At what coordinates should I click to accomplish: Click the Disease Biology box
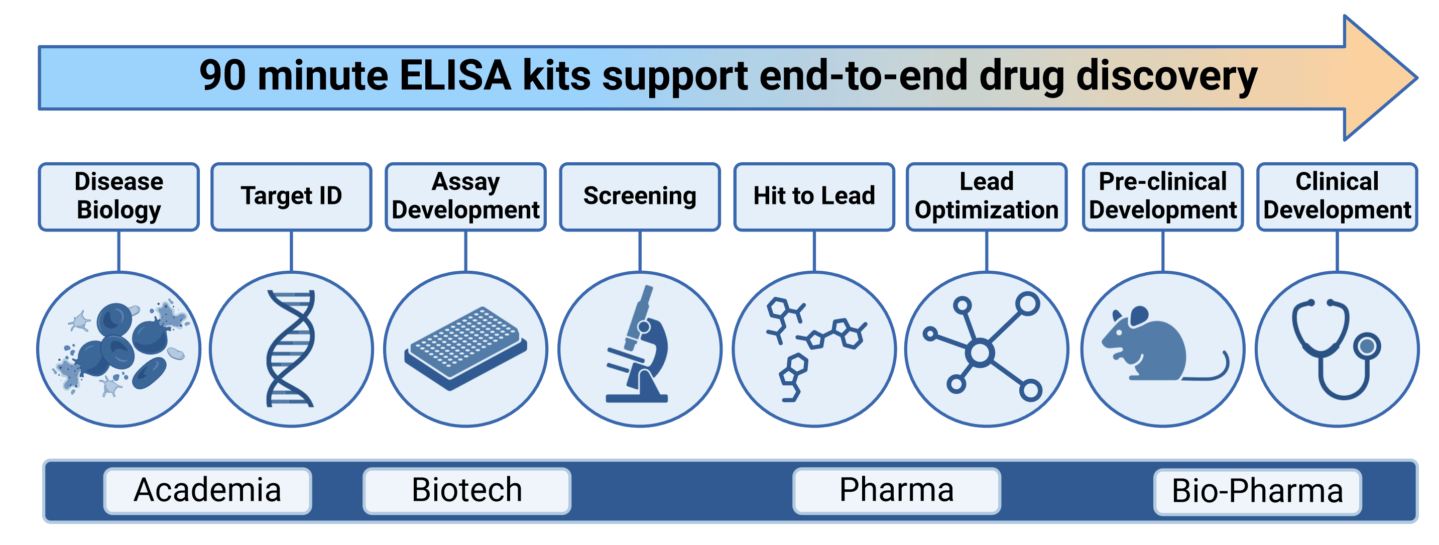point(118,196)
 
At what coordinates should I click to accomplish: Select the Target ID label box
point(291,196)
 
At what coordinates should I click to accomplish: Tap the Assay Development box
point(465,196)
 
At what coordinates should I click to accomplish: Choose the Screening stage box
point(640,196)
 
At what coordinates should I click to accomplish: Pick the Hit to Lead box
point(814,196)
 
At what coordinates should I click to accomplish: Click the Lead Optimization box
point(987,196)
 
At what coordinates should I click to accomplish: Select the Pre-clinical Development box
point(1162,196)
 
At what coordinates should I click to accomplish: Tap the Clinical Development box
point(1337,196)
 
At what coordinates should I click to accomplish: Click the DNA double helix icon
point(291,348)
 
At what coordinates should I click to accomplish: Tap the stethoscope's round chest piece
point(1367,347)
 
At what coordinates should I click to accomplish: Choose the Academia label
point(207,491)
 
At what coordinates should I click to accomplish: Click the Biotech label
point(467,491)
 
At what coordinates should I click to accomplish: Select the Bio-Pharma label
point(1257,492)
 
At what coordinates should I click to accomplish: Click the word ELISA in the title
point(455,76)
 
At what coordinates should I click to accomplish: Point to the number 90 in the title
point(222,76)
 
